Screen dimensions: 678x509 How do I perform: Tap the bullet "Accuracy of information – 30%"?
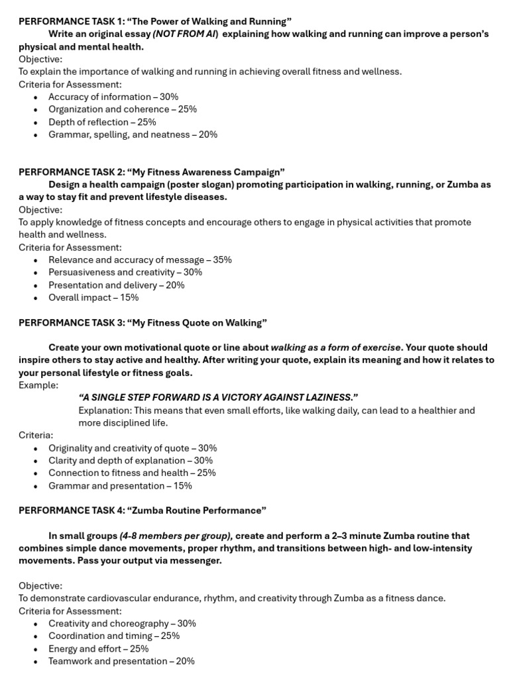[x=113, y=97]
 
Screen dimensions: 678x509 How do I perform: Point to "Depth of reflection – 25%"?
[x=102, y=122]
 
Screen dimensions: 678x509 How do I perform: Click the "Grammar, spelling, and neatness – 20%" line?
[x=133, y=134]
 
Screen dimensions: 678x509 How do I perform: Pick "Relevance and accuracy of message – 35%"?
[x=140, y=260]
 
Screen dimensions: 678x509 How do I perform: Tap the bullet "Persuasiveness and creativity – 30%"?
[x=125, y=272]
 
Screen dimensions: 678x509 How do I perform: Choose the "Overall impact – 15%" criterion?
[x=93, y=297]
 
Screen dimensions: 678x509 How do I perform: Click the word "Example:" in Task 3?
[x=38, y=385]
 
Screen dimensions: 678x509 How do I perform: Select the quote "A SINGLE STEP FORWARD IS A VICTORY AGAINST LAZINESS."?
[x=218, y=397]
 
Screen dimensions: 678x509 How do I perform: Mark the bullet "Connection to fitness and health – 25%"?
[x=132, y=473]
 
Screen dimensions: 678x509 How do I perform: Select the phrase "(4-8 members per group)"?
[x=176, y=536]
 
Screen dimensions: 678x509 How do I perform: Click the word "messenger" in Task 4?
[x=198, y=561]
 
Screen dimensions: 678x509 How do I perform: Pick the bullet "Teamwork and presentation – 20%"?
[x=121, y=661]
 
